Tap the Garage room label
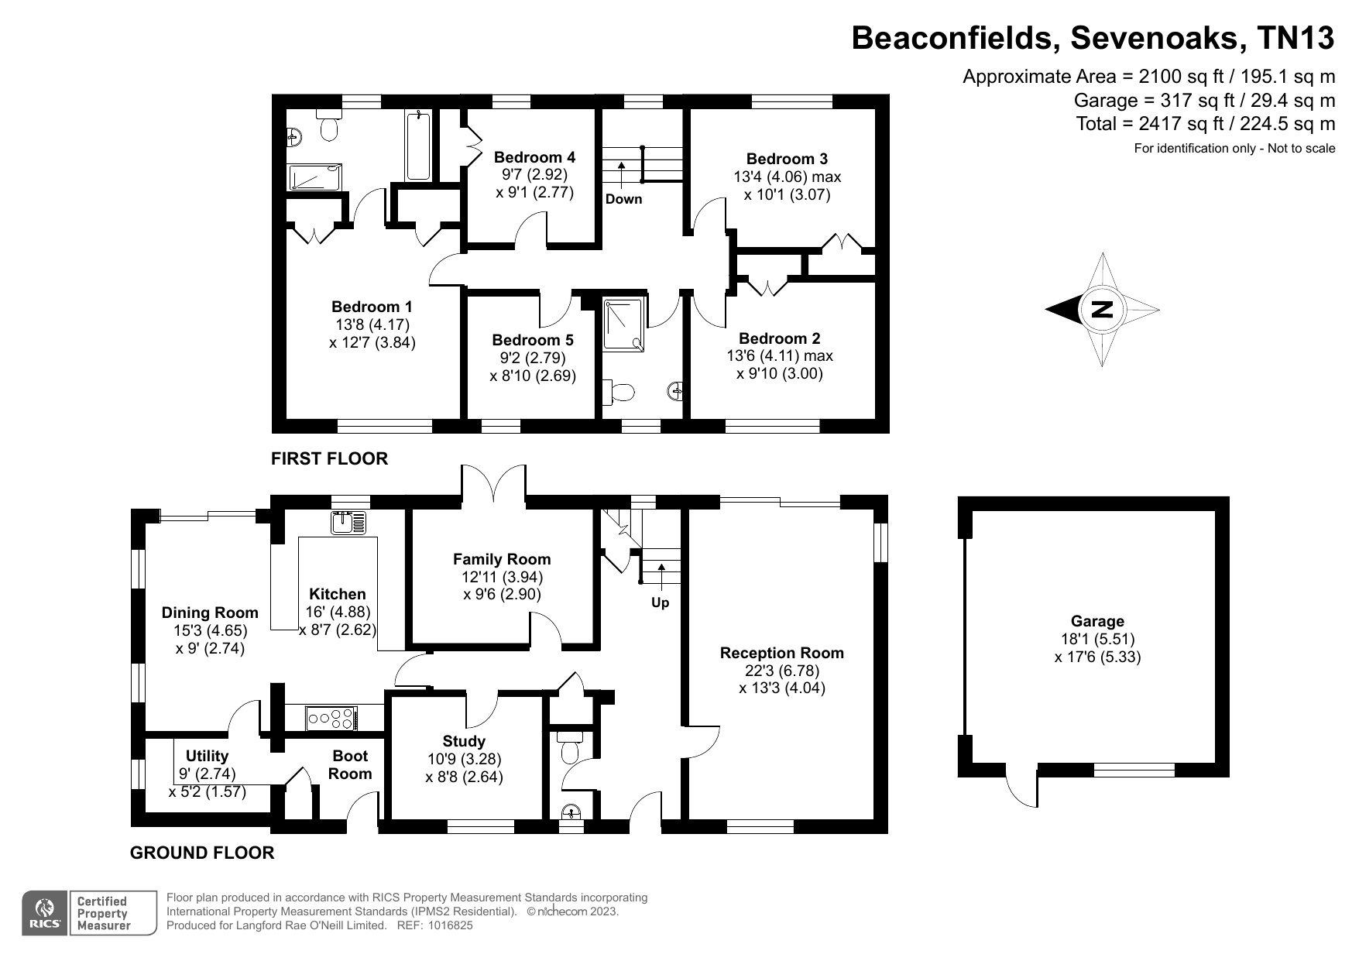1097,621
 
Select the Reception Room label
781,653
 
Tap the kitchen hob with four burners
331,718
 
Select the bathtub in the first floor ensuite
418,146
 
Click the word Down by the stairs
623,199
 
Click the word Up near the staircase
660,602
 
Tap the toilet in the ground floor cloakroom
571,749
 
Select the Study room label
464,741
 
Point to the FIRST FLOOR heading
329,458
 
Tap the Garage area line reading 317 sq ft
1204,100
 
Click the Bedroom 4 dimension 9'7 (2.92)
534,175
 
